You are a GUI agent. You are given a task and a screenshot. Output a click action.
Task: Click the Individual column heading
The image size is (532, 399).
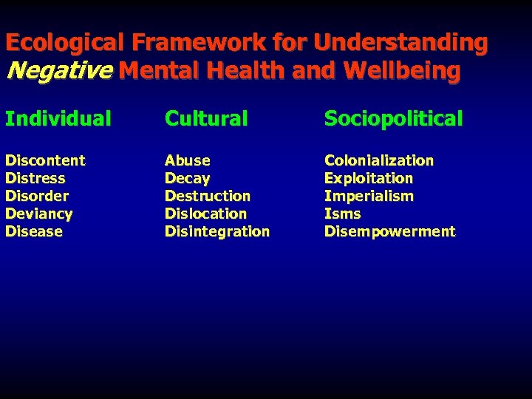click(58, 118)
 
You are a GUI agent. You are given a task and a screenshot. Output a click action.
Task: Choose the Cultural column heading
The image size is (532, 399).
click(206, 118)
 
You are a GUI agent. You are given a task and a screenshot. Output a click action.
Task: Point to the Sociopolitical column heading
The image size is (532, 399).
click(394, 118)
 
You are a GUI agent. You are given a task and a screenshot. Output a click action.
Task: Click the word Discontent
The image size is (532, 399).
click(45, 160)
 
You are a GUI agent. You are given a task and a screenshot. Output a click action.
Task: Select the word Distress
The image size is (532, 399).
click(35, 178)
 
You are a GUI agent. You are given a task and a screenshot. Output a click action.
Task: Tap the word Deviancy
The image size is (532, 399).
click(39, 214)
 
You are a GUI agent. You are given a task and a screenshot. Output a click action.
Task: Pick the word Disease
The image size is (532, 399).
click(34, 231)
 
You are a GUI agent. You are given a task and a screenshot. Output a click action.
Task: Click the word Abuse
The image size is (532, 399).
click(188, 160)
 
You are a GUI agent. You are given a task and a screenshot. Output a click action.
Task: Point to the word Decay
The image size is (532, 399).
click(188, 178)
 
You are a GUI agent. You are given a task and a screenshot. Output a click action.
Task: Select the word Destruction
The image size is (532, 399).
click(208, 196)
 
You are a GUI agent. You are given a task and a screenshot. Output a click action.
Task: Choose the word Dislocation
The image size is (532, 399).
click(206, 214)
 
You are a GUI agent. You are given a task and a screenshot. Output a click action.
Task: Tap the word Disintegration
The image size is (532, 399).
click(217, 231)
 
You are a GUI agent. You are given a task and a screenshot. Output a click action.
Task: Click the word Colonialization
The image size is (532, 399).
click(379, 160)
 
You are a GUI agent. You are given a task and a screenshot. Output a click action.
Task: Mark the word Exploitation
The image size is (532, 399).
click(369, 178)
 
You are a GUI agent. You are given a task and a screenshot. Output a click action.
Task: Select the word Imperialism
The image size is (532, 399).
click(369, 196)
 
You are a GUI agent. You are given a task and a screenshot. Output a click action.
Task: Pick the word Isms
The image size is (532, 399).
click(343, 214)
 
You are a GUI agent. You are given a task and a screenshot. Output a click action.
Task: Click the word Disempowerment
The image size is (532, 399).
click(390, 231)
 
